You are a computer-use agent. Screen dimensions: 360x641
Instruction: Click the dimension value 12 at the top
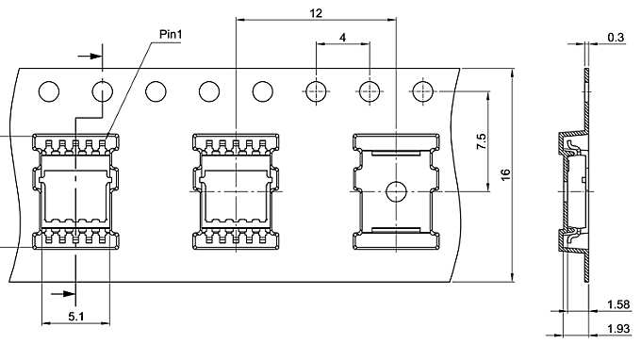(316, 12)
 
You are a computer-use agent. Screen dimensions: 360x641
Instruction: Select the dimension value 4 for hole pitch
(342, 38)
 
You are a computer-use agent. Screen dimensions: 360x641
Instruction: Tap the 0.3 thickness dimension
(616, 37)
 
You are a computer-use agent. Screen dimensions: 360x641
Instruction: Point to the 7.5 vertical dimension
(481, 141)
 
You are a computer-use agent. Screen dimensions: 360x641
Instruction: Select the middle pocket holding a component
(236, 191)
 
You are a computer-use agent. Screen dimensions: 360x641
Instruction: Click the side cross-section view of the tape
(571, 188)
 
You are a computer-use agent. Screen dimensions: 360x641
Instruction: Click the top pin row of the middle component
(236, 144)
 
